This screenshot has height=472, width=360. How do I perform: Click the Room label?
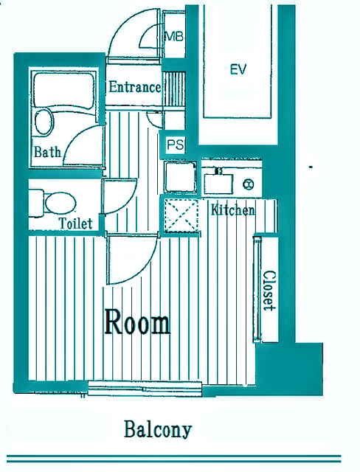[x=137, y=322]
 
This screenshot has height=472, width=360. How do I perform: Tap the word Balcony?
[x=158, y=429]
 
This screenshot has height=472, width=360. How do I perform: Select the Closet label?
[x=269, y=291]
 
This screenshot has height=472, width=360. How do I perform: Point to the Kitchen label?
[x=232, y=209]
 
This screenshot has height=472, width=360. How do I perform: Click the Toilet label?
[x=75, y=223]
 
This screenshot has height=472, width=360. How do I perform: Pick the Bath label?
[x=47, y=152]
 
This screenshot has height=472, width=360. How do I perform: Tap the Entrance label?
[x=135, y=87]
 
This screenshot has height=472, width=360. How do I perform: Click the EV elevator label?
[x=238, y=69]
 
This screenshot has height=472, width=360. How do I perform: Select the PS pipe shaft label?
[x=175, y=145]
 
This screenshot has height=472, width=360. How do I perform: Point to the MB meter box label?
[x=173, y=37]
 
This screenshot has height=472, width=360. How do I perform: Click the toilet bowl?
[x=60, y=204]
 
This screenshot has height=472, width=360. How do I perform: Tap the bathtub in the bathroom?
[x=63, y=89]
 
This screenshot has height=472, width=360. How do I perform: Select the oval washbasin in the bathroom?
[x=44, y=122]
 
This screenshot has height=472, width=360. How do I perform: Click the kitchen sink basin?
[x=218, y=184]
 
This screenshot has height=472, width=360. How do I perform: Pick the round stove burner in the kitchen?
[x=249, y=184]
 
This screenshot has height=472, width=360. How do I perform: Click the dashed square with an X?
[x=181, y=215]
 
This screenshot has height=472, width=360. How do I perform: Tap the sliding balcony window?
[x=145, y=389]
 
